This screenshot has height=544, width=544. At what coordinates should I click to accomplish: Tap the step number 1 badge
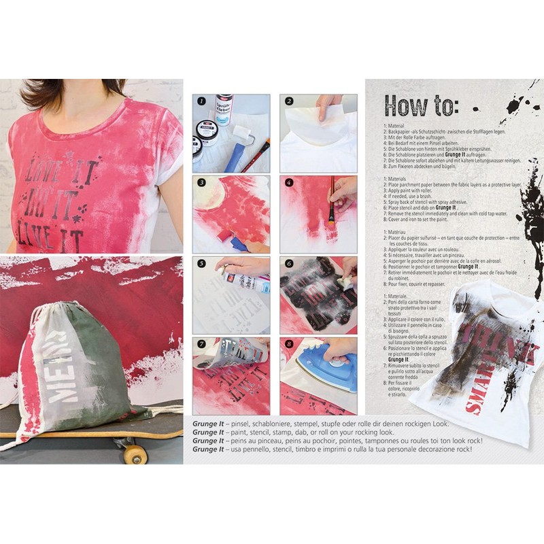pyautogui.click(x=200, y=102)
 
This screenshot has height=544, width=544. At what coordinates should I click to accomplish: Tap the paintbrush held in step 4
pyautogui.click(x=333, y=201)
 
